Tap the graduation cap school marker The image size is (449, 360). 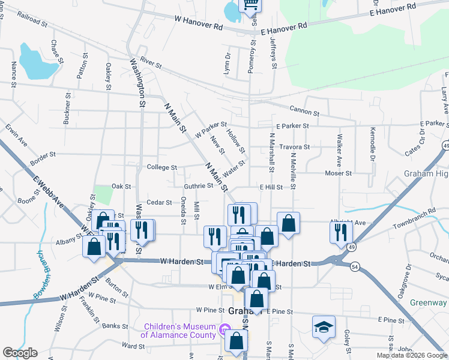click(323, 328)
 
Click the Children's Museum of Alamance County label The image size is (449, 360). click(178, 331)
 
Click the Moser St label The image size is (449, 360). click(338, 173)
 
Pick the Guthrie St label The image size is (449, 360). click(198, 186)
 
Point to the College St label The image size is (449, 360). click(161, 168)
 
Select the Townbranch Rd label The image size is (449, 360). click(414, 219)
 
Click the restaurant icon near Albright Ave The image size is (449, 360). click(340, 231)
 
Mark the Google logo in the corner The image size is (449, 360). click(20, 353)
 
